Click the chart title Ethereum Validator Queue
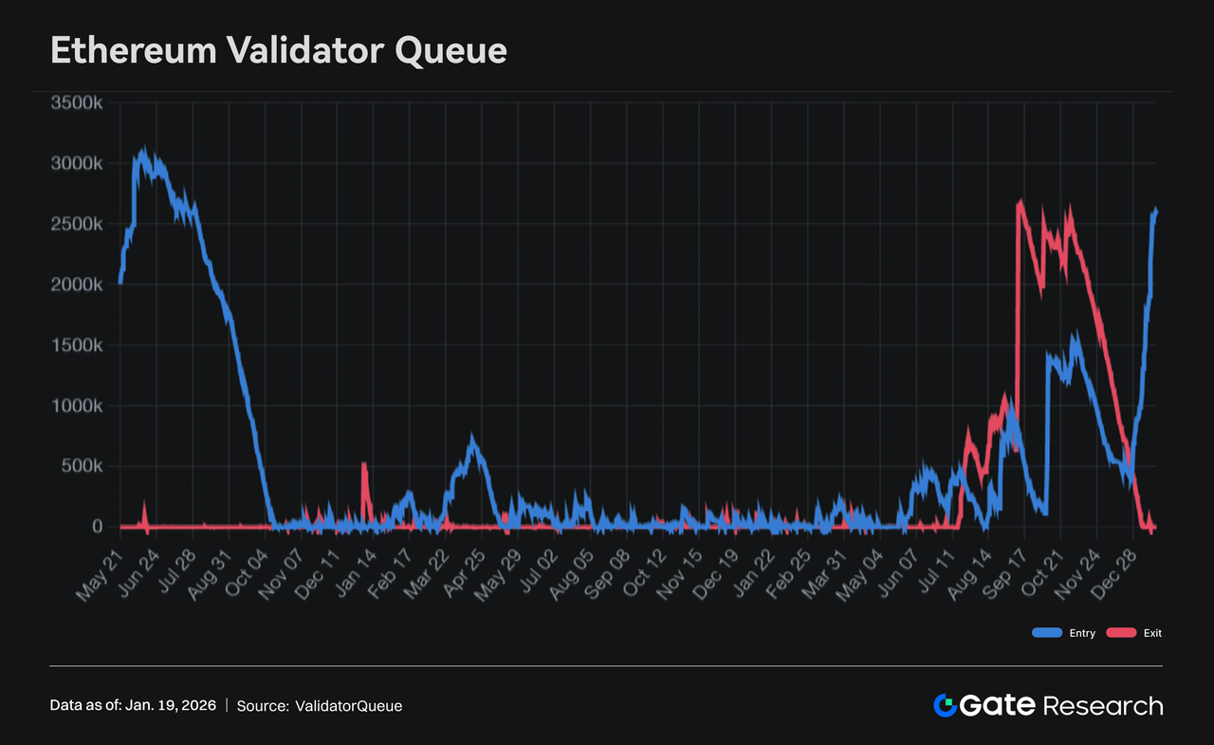click(278, 50)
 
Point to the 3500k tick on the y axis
click(77, 102)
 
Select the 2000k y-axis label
click(77, 285)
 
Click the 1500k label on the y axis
click(77, 345)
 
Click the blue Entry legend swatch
click(1047, 633)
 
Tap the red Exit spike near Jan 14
click(364, 465)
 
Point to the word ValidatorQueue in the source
click(348, 706)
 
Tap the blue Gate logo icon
click(945, 705)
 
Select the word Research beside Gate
click(1102, 705)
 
